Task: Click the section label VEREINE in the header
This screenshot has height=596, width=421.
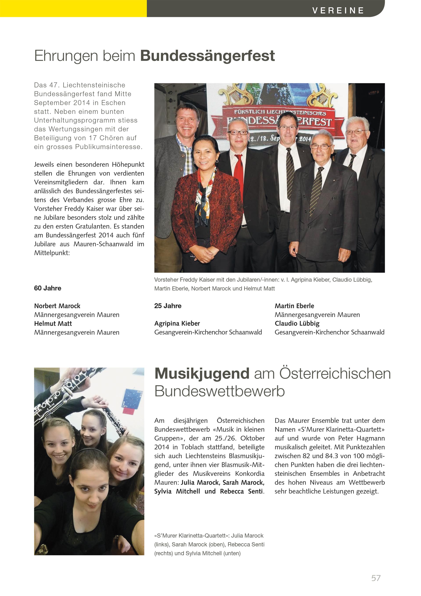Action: click(338, 10)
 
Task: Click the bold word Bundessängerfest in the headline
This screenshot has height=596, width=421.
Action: click(207, 56)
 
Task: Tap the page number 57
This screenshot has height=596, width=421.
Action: click(376, 578)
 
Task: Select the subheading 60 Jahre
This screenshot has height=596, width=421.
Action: click(48, 288)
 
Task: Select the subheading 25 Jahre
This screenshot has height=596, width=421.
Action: click(168, 306)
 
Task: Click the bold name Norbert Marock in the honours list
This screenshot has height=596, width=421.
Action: click(57, 306)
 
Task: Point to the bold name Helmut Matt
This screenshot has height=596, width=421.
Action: click(53, 323)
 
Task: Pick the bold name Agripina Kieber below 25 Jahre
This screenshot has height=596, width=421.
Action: click(177, 323)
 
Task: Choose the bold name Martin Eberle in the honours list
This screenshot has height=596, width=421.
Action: click(294, 306)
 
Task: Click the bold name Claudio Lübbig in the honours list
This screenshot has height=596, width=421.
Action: click(297, 323)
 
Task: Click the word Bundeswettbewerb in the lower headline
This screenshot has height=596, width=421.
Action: click(219, 391)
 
